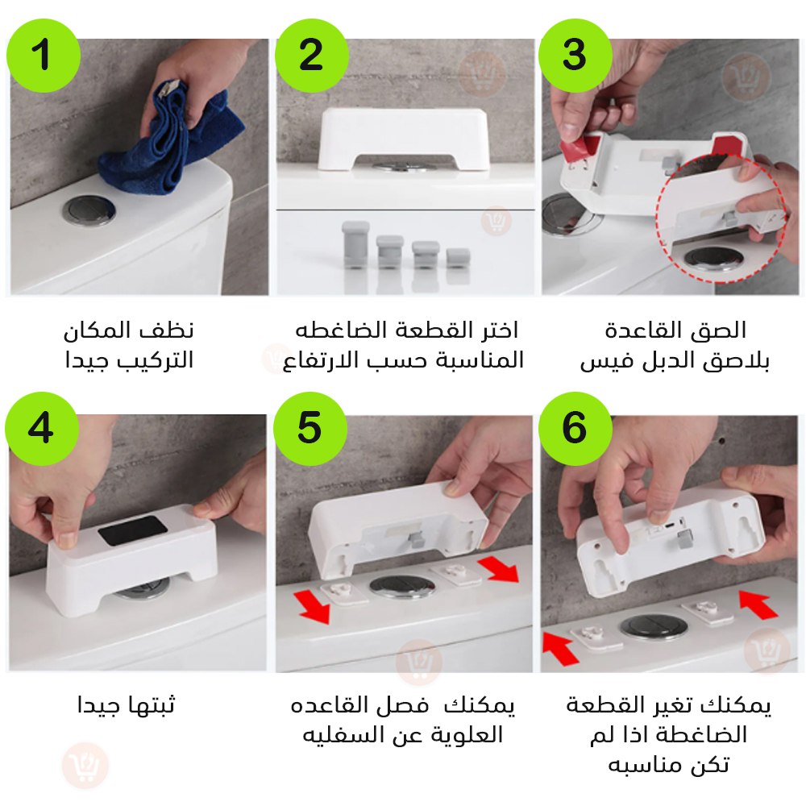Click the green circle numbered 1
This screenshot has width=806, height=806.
(x=44, y=56)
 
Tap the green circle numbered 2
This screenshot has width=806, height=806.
(x=312, y=56)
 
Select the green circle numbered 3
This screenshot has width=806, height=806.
(x=575, y=56)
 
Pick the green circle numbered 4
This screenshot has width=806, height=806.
(x=42, y=429)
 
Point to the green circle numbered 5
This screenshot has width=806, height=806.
(x=310, y=429)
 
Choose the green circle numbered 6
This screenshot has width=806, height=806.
(x=575, y=429)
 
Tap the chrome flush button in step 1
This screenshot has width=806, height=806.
(x=89, y=210)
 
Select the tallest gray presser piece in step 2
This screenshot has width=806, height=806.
(x=355, y=245)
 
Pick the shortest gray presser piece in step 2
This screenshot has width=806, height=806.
(x=458, y=259)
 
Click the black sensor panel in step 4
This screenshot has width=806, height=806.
(x=133, y=531)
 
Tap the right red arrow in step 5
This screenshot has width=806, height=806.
(x=499, y=571)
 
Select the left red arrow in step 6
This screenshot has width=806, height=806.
(x=561, y=649)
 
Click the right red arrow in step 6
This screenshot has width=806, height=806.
(x=758, y=604)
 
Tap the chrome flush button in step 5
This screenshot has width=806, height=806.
(x=401, y=586)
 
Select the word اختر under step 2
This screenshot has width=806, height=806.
(x=499, y=330)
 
